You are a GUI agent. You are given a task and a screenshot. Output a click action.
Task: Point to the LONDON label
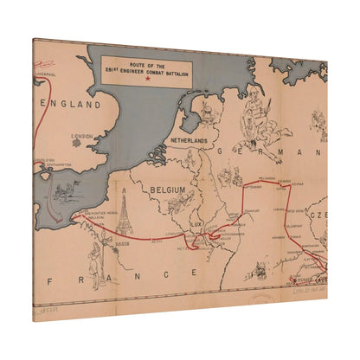pos(82,136)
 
